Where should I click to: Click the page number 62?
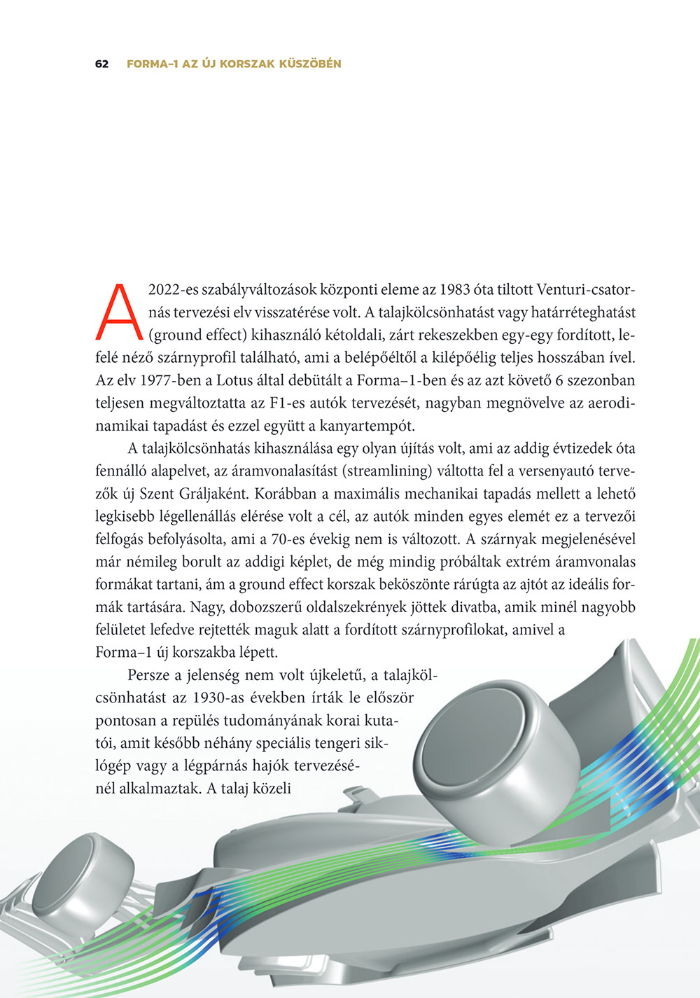[101, 64]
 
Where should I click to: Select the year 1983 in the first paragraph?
[453, 289]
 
